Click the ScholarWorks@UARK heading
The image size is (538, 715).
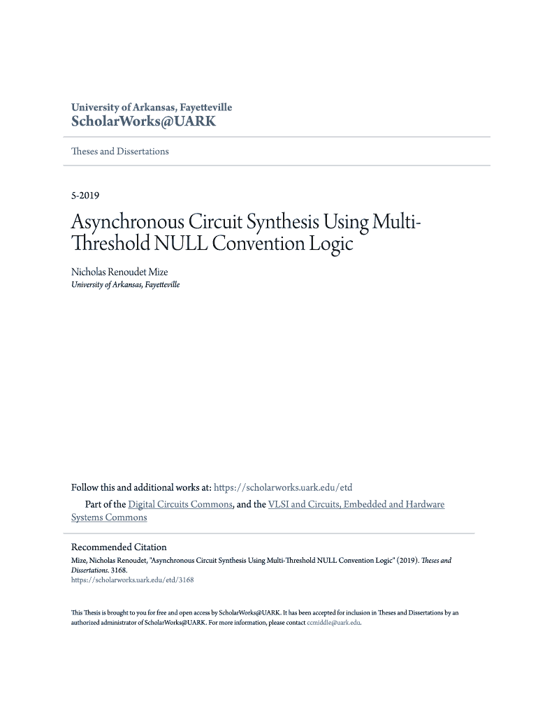tap(143, 122)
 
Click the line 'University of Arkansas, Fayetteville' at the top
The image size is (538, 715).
tap(152, 108)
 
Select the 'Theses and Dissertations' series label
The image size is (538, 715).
tap(120, 152)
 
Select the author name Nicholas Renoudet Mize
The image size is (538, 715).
tap(119, 272)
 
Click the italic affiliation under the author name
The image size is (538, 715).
tap(125, 285)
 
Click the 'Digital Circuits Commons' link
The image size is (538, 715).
tap(180, 504)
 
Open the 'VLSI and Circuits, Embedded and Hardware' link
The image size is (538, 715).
tap(356, 504)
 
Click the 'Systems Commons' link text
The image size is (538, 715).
tap(109, 517)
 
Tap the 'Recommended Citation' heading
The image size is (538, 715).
tap(119, 547)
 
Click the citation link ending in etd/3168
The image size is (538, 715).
tap(132, 580)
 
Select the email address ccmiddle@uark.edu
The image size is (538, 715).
tap(334, 622)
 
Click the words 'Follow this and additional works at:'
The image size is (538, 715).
tap(140, 487)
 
